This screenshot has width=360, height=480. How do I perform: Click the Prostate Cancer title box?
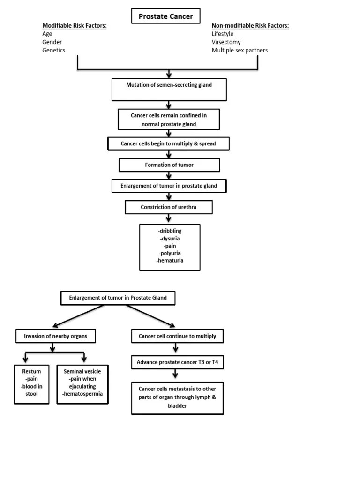click(165, 17)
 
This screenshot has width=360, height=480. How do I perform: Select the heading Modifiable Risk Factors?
click(75, 25)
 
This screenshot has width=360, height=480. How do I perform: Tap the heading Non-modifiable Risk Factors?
click(250, 25)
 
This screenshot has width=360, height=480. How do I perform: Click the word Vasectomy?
click(226, 42)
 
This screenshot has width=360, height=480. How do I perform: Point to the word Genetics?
click(54, 50)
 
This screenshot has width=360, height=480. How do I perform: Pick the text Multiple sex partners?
click(240, 50)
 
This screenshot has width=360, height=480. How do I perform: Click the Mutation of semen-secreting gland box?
click(169, 89)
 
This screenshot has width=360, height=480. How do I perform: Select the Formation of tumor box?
click(169, 165)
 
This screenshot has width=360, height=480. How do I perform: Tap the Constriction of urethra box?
click(169, 207)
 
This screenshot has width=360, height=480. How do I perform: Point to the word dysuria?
click(170, 239)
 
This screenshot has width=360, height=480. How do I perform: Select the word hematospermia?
click(82, 394)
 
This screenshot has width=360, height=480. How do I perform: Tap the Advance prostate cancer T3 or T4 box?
click(177, 362)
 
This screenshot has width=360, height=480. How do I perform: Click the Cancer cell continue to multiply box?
click(177, 336)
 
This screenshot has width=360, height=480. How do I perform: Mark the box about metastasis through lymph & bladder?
click(177, 397)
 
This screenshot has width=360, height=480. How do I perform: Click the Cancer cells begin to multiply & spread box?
click(168, 143)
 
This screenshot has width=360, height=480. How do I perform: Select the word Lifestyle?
click(222, 34)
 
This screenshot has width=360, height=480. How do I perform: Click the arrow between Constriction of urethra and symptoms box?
click(169, 219)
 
